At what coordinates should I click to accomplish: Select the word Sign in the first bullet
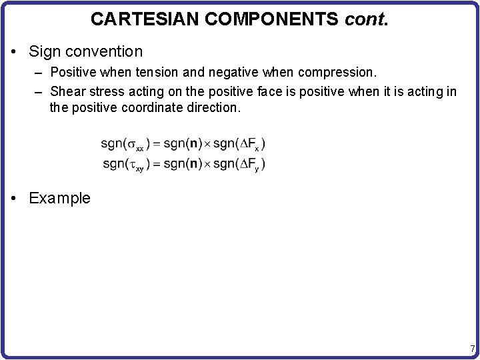pos(43,51)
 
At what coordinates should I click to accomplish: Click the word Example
pos(59,198)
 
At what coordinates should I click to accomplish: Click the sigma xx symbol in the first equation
pos(136,144)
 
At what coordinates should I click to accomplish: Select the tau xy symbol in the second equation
pos(136,165)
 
